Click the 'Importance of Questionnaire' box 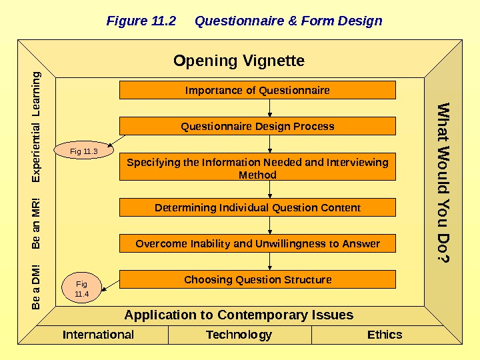257,90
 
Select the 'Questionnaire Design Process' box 257,126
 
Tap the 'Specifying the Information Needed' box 257,168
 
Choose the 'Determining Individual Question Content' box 257,207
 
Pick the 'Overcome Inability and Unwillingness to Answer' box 257,243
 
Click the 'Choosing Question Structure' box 257,279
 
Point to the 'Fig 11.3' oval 84,152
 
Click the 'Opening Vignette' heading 239,61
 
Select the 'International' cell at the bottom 98,335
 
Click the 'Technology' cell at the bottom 239,335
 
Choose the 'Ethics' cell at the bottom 385,335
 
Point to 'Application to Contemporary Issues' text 239,315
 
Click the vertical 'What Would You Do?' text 443,182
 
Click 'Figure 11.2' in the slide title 141,21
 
